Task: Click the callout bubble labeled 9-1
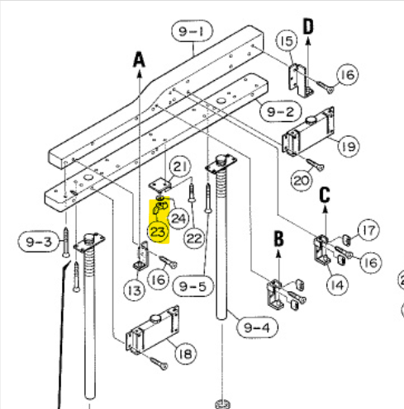point(192,31)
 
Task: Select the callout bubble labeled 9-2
point(281,111)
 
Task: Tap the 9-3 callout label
point(39,242)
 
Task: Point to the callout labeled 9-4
point(257,327)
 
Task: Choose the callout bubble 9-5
point(193,286)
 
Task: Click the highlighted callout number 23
point(158,232)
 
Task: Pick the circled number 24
point(178,219)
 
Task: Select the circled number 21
point(180,167)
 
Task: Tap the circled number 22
point(194,238)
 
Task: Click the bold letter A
point(139,60)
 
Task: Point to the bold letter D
point(308,26)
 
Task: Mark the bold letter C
point(325,195)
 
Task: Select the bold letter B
point(278,238)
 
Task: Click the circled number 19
point(349,146)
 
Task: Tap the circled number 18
point(186,354)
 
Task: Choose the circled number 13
point(135,290)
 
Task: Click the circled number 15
point(287,40)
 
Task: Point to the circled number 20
point(302,181)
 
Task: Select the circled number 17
point(368,230)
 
